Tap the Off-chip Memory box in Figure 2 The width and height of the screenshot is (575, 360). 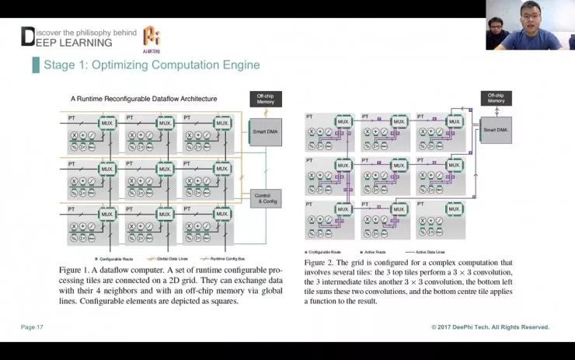496,97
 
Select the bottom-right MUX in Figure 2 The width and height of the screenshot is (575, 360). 455,209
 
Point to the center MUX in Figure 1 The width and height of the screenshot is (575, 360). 165,168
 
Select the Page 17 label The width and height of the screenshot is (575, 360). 32,327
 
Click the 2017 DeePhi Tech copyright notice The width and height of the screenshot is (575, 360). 490,327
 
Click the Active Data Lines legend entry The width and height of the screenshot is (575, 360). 430,252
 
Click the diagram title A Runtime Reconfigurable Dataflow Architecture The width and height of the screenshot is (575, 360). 144,99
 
